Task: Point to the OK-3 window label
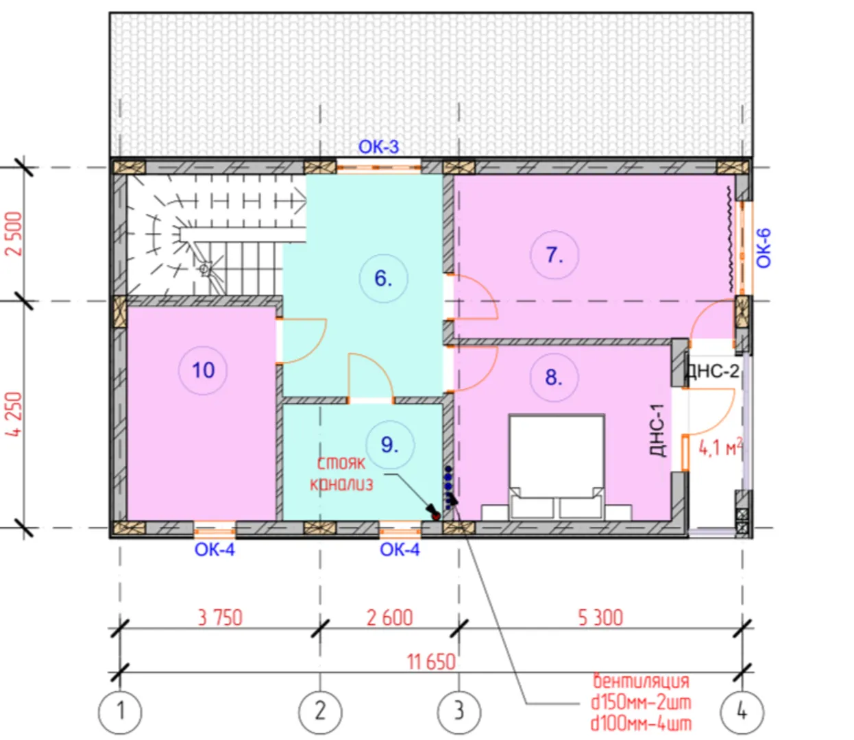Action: click(x=378, y=147)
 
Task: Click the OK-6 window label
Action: click(x=764, y=248)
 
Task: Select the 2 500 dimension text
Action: click(x=14, y=234)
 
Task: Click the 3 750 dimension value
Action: click(x=220, y=618)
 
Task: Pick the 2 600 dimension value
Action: click(x=390, y=618)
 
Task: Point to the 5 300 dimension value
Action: click(x=600, y=618)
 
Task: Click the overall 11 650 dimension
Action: click(x=431, y=663)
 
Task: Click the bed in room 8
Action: click(x=557, y=467)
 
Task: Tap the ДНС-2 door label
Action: click(x=712, y=371)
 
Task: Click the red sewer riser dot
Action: click(x=435, y=516)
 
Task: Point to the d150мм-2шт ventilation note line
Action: click(x=641, y=702)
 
